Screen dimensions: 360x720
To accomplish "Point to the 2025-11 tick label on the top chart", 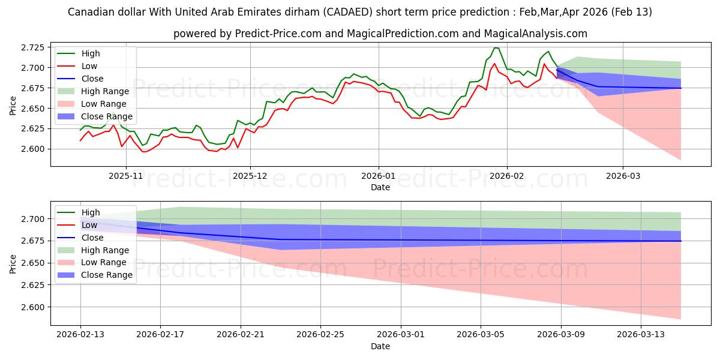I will tap(125, 176).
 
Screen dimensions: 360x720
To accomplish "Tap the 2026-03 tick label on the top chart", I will tap(622, 176).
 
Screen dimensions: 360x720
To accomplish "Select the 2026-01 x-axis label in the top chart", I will tap(378, 176).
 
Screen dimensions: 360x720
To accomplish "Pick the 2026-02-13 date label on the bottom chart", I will tap(80, 334).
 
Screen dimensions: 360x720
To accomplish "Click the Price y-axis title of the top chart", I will tap(13, 106).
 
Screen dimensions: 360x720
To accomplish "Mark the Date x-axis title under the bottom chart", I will tap(380, 346).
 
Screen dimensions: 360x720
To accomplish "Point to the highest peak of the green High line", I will tap(495, 47).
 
